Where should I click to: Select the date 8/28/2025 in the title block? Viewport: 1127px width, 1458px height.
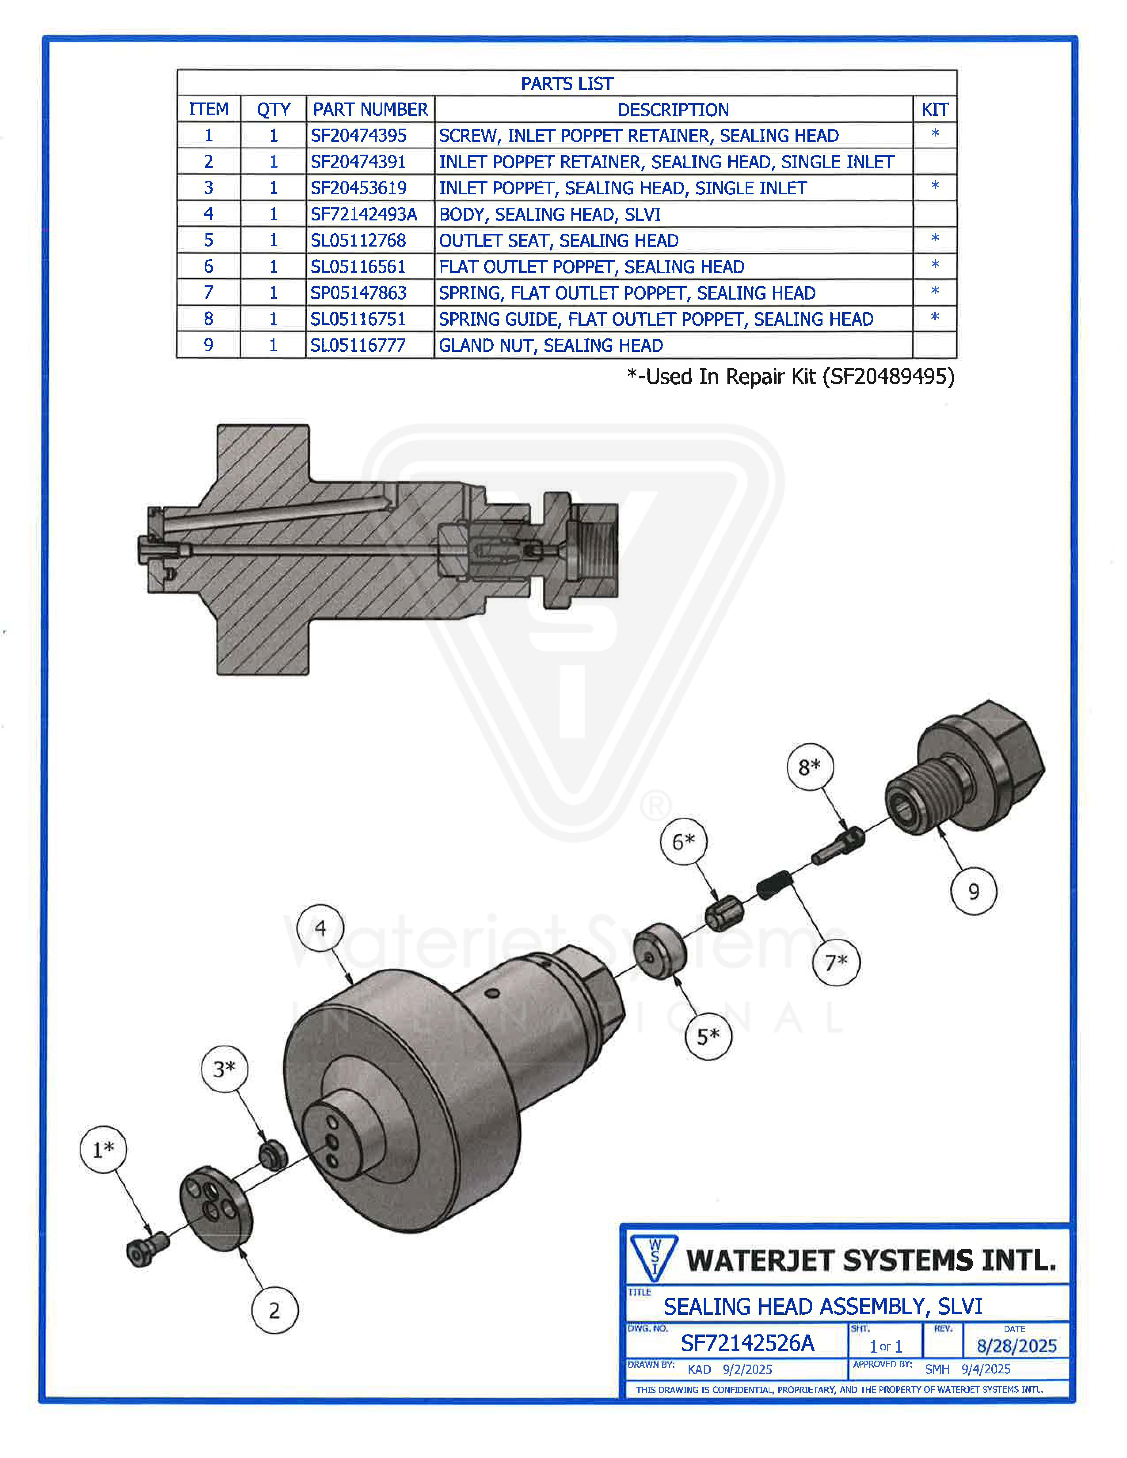(1016, 1346)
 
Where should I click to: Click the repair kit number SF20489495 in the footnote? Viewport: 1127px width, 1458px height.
(888, 377)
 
